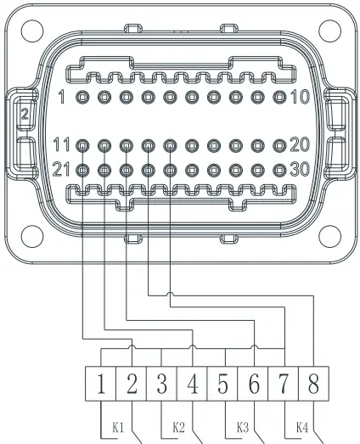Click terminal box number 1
[x=100, y=384]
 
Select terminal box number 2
[x=131, y=384]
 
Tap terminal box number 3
[x=161, y=384]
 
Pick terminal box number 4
[x=192, y=384]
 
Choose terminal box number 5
[x=222, y=384]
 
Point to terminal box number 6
[x=253, y=384]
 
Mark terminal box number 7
[x=284, y=384]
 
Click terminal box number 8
[x=313, y=384]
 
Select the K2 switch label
[x=178, y=427]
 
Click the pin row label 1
[x=62, y=97]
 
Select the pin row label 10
[x=299, y=97]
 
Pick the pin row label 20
[x=299, y=144]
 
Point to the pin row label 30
[x=299, y=168]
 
